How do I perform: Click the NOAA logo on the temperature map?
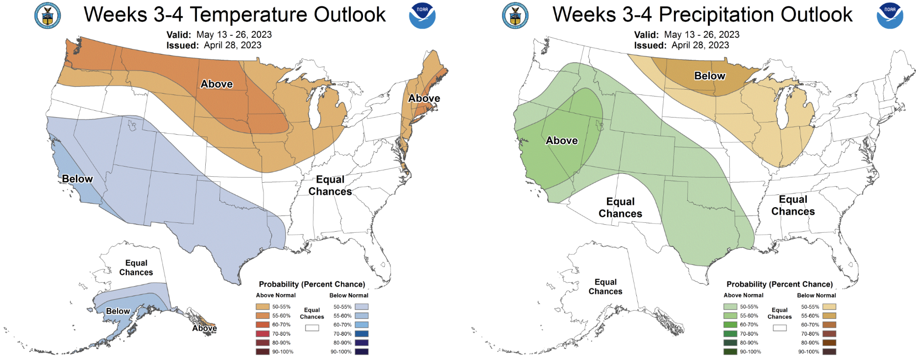[422, 16]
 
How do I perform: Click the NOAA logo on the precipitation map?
[890, 16]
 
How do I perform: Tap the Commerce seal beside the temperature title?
[48, 16]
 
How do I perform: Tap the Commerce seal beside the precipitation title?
[515, 16]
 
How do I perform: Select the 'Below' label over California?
[77, 179]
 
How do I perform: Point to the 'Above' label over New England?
[424, 98]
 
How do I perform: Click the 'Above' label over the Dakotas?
[217, 84]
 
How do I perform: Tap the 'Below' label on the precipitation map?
[710, 75]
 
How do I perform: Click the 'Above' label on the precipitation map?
[562, 141]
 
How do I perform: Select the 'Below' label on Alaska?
[118, 311]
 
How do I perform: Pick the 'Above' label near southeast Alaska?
[204, 328]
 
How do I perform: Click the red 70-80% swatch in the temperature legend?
[263, 334]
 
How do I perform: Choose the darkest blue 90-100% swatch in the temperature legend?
[362, 352]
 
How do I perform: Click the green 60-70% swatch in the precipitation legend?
[730, 325]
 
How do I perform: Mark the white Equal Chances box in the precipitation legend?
[780, 328]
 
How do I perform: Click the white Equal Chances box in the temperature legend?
[312, 328]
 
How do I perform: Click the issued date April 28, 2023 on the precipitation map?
[700, 45]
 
